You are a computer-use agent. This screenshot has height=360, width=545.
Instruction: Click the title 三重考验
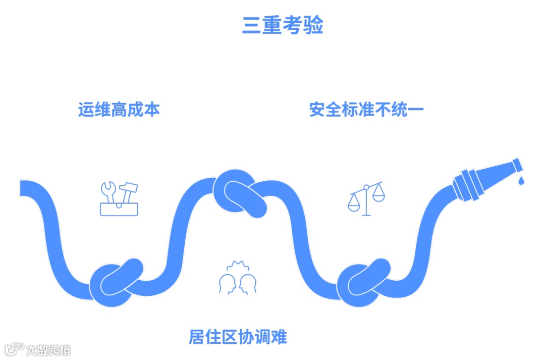point(282,25)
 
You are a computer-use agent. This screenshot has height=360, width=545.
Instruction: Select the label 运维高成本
point(119,110)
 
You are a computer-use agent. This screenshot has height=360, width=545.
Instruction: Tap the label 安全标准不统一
point(366,110)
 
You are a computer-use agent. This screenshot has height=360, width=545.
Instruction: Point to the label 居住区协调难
point(237,337)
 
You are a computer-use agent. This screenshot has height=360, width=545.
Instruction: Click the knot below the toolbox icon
point(117,282)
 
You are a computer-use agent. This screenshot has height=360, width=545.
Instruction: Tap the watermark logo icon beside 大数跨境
point(14,349)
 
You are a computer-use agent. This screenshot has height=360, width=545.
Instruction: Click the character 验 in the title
point(313,25)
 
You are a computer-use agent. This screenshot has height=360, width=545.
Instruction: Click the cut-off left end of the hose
point(23,188)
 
